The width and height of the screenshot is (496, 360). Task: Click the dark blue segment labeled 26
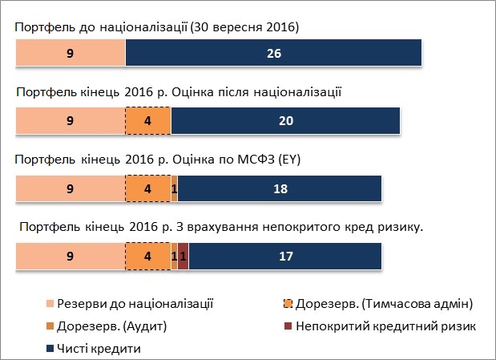273,55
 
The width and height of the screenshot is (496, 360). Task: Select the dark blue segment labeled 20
285,121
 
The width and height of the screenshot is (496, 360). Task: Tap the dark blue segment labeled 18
280,189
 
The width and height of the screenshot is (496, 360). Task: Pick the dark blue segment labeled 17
284,257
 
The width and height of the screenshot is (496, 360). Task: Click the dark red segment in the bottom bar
183,257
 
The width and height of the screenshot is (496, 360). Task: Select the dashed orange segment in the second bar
148,121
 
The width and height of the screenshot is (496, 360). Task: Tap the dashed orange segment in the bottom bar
148,257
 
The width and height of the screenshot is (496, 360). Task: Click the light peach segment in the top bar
71,55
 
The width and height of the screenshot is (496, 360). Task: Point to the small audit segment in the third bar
174,189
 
